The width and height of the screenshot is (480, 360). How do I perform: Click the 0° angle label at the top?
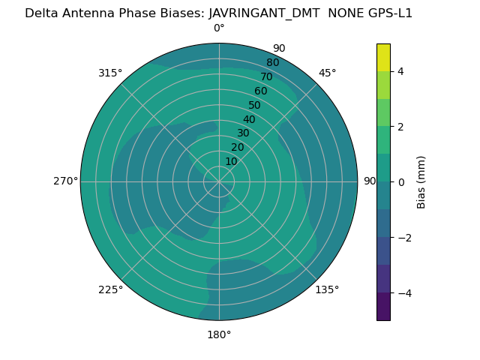click(219, 28)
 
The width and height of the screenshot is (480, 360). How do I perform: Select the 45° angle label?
click(328, 73)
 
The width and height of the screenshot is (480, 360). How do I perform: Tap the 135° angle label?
click(327, 289)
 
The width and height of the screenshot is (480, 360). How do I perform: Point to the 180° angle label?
click(219, 334)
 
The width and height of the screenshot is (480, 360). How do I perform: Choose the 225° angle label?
click(110, 289)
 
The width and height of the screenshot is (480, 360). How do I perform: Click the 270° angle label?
click(65, 181)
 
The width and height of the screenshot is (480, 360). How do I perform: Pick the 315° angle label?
click(110, 73)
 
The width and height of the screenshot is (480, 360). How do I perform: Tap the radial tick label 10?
click(231, 161)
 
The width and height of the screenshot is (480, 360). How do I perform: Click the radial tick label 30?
click(243, 133)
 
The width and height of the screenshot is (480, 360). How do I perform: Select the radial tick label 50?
click(254, 105)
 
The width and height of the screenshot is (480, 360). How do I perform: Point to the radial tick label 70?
click(266, 76)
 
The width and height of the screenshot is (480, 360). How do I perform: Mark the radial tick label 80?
click(272, 62)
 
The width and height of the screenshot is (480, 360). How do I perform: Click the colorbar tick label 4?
click(401, 71)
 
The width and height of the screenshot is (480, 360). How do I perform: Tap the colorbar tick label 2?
click(401, 127)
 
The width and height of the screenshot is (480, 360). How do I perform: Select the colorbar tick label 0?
click(401, 182)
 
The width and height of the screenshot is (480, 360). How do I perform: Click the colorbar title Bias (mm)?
click(421, 182)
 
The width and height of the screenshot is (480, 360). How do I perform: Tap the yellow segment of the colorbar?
click(383, 57)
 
